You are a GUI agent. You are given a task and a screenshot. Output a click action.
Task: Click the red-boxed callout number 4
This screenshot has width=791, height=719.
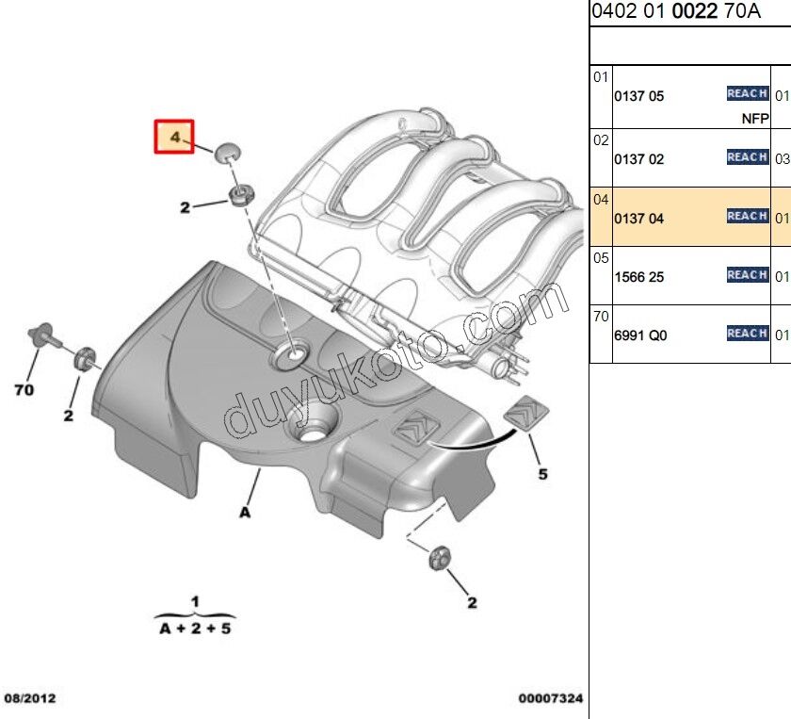(x=174, y=137)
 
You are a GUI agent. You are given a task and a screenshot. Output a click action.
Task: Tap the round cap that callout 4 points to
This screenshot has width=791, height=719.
(x=228, y=153)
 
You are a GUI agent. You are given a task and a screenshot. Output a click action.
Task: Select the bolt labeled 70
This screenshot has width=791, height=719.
(x=44, y=335)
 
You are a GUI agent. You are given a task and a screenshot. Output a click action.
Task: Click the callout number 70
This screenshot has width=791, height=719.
(x=24, y=390)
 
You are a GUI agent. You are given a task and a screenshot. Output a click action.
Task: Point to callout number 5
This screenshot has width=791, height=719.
(x=542, y=474)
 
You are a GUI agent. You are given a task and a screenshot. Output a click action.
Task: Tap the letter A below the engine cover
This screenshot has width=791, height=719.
(x=245, y=513)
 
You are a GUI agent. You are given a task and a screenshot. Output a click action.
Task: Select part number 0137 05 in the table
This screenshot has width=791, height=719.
(x=638, y=96)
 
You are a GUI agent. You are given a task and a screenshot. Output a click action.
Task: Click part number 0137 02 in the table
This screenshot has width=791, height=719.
(x=638, y=159)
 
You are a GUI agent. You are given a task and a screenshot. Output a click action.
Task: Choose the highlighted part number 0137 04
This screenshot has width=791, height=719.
(x=638, y=219)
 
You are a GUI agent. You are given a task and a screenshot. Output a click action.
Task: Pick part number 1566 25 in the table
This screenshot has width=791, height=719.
(x=638, y=277)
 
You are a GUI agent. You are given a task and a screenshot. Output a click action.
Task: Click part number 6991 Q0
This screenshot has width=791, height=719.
(x=640, y=335)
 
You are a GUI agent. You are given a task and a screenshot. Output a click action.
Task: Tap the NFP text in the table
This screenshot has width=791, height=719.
(x=755, y=119)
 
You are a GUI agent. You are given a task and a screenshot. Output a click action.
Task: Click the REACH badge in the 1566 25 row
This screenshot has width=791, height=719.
(x=748, y=274)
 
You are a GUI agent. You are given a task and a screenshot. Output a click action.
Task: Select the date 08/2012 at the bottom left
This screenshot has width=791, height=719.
(x=30, y=698)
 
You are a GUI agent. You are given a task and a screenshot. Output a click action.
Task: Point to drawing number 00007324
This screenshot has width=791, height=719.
(x=550, y=698)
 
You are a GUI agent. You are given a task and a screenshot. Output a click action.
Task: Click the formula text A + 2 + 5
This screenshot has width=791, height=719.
(x=195, y=629)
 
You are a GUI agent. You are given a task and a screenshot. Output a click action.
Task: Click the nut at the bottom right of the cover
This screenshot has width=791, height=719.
(x=440, y=558)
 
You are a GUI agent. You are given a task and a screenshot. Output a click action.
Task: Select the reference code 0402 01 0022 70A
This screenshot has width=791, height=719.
(x=676, y=11)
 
